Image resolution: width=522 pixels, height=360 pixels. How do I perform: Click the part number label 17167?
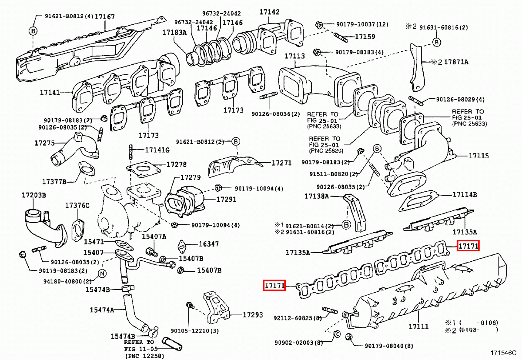tap(105, 17)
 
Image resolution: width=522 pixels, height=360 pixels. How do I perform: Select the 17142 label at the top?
tap(270, 12)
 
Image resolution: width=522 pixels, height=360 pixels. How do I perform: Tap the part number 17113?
tap(295, 56)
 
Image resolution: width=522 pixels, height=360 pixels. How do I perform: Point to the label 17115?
tap(479, 156)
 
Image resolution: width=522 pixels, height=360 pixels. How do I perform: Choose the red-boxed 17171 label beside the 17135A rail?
tap(468, 247)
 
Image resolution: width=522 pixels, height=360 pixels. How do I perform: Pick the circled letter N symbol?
tap(101, 273)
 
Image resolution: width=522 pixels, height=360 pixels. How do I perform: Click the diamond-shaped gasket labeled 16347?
tap(182, 246)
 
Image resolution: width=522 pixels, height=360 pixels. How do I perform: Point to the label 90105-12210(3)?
tap(194, 331)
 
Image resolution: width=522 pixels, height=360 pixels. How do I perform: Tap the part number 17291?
tap(227, 200)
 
